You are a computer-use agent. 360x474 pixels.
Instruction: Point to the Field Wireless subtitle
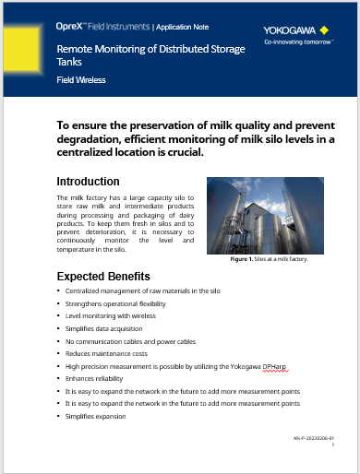pyautogui.click(x=80, y=80)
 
